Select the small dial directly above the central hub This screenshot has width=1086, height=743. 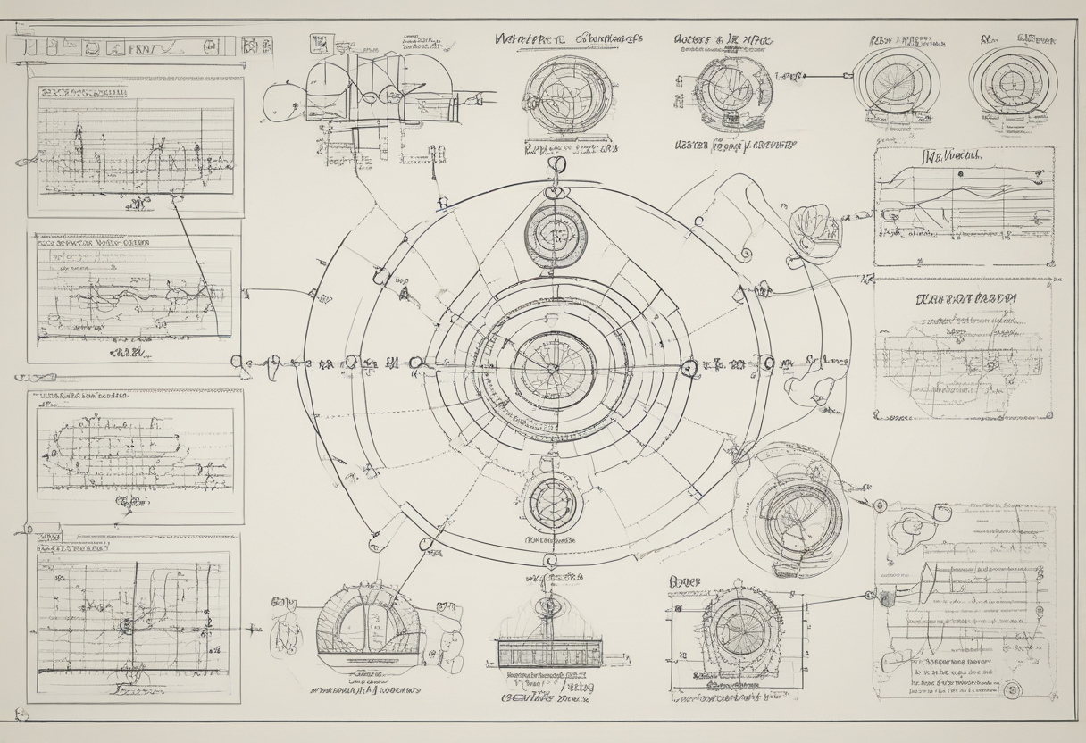point(556,236)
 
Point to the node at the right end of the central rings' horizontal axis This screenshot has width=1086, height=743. point(688,366)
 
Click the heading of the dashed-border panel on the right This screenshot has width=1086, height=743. point(963,299)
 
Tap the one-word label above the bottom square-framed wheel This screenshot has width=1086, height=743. point(684,582)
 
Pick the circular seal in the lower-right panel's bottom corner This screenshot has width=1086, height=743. point(1013,689)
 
